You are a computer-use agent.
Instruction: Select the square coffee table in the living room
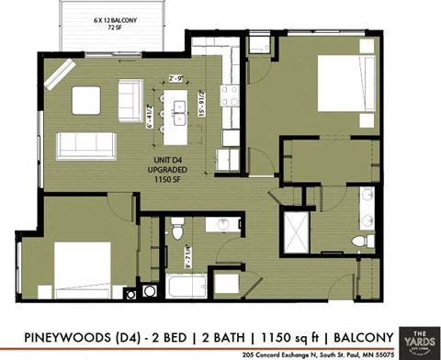point(87,98)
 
